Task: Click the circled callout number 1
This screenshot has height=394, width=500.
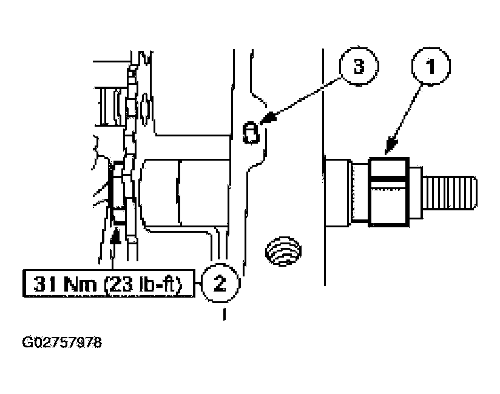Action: (x=431, y=66)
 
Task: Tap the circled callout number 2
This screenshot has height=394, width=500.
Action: (x=220, y=283)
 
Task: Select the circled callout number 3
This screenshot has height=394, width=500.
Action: (x=359, y=66)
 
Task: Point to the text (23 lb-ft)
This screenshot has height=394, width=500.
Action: (x=143, y=284)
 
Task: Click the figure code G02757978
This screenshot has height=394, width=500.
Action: (x=62, y=342)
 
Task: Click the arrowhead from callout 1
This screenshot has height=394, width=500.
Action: (x=391, y=146)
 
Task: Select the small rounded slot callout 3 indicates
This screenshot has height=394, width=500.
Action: (x=251, y=132)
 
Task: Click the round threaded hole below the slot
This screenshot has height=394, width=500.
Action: (x=283, y=252)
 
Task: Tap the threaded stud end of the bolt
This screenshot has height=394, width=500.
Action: (x=450, y=193)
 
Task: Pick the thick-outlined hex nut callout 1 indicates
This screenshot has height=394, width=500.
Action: (x=389, y=192)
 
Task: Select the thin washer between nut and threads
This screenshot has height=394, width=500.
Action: (x=416, y=192)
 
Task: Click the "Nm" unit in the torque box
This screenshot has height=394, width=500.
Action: (x=80, y=284)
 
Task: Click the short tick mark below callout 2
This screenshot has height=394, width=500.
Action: (x=225, y=313)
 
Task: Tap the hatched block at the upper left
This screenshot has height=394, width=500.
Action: (x=109, y=107)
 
